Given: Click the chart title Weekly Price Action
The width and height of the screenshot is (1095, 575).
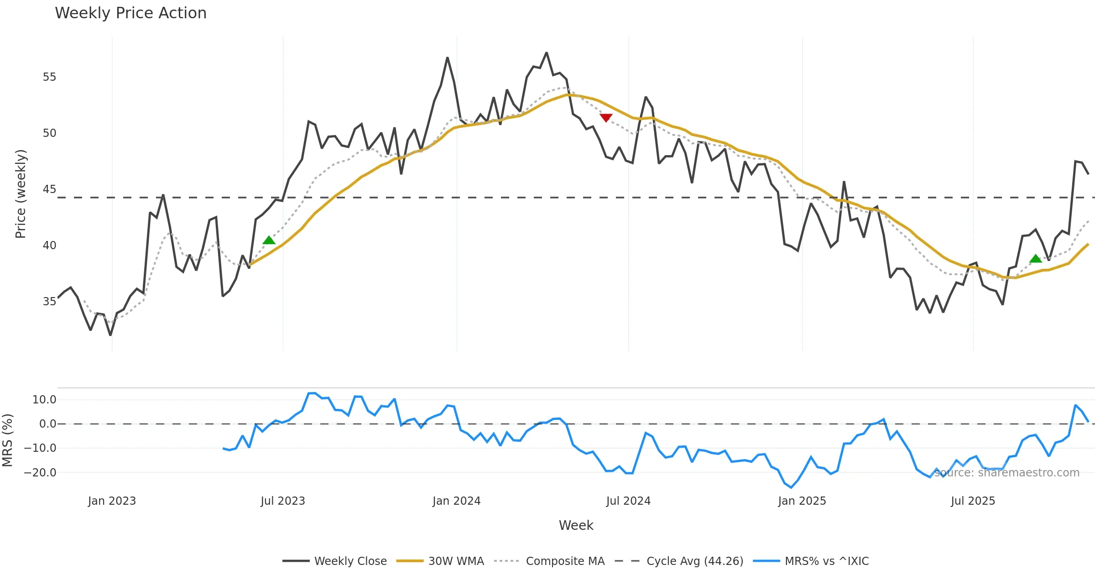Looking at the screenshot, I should (130, 13).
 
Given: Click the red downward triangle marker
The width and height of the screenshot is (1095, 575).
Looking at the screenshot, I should (606, 118).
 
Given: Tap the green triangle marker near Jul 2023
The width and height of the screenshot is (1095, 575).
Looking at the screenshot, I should (269, 240).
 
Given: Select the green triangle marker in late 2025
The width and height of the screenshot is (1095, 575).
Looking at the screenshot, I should (1036, 259).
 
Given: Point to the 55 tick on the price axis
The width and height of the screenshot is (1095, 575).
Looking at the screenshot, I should (49, 77).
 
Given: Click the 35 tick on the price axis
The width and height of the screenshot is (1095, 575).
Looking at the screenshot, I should (49, 302).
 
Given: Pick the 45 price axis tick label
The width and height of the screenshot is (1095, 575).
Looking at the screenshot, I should (49, 189).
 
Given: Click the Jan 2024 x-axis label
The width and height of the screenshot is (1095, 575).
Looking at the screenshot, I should (456, 501).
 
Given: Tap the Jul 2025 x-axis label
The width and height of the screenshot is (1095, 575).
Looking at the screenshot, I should (973, 501).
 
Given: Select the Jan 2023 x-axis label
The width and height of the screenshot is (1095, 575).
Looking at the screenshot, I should (112, 501).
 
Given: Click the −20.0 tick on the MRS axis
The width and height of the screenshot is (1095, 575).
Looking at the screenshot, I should (40, 473).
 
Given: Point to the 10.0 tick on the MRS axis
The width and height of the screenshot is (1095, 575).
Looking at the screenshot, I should (44, 400).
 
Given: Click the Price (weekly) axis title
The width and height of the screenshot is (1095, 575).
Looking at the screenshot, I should (21, 194).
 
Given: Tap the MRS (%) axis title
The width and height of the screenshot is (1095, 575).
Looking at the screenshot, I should (7, 440).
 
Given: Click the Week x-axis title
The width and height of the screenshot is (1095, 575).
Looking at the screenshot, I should (576, 526).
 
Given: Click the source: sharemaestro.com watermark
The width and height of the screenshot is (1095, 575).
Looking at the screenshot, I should (1006, 473).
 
